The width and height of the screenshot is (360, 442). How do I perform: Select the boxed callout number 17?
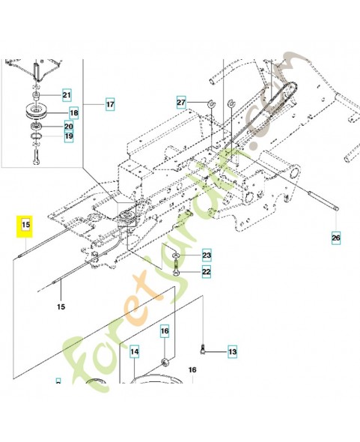109,104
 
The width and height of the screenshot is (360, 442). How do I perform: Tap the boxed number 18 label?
73,113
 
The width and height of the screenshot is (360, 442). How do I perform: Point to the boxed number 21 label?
67,95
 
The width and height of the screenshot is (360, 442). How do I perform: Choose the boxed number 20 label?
68,127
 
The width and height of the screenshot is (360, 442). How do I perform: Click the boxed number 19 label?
68,137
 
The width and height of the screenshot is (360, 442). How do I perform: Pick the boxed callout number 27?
181,102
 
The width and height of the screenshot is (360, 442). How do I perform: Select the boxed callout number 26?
335,239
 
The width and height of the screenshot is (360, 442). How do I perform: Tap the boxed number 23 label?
207,256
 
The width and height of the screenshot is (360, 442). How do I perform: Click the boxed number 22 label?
207,271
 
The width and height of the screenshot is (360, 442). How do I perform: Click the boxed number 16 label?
165,330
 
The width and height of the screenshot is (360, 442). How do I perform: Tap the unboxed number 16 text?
192,370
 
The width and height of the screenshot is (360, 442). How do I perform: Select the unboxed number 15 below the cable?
61,306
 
